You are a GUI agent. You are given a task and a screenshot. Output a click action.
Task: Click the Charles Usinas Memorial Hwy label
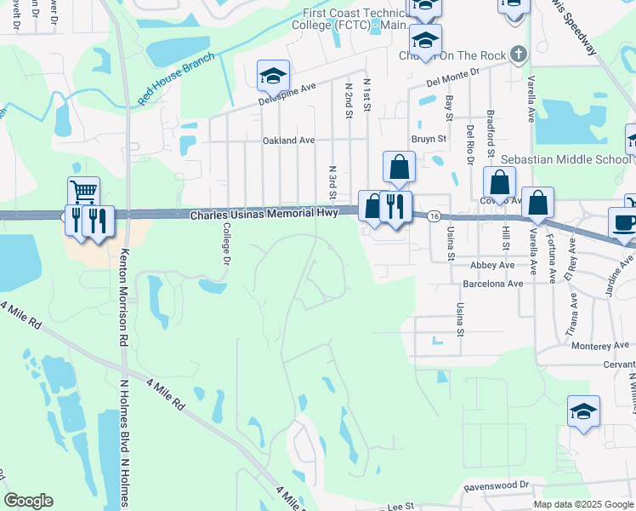click(263, 215)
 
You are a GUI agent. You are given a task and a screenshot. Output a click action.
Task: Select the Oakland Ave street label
click(288, 141)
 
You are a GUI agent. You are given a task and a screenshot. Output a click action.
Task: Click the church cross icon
click(519, 55)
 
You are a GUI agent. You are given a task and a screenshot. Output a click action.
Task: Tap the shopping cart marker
click(83, 192)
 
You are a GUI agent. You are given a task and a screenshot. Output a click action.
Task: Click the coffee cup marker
click(624, 221)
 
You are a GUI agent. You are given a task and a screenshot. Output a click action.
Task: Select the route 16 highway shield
click(434, 217)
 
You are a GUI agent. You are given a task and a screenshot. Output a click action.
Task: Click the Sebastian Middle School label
click(565, 159)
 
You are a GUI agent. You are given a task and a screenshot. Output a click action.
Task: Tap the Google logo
click(29, 501)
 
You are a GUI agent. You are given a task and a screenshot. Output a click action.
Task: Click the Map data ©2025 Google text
click(583, 504)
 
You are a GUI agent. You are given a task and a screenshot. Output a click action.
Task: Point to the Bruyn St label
click(429, 138)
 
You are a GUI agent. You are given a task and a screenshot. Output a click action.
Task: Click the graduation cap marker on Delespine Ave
click(273, 76)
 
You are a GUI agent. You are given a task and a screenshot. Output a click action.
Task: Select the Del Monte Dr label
click(453, 81)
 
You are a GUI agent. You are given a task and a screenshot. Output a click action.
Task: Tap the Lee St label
click(400, 507)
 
